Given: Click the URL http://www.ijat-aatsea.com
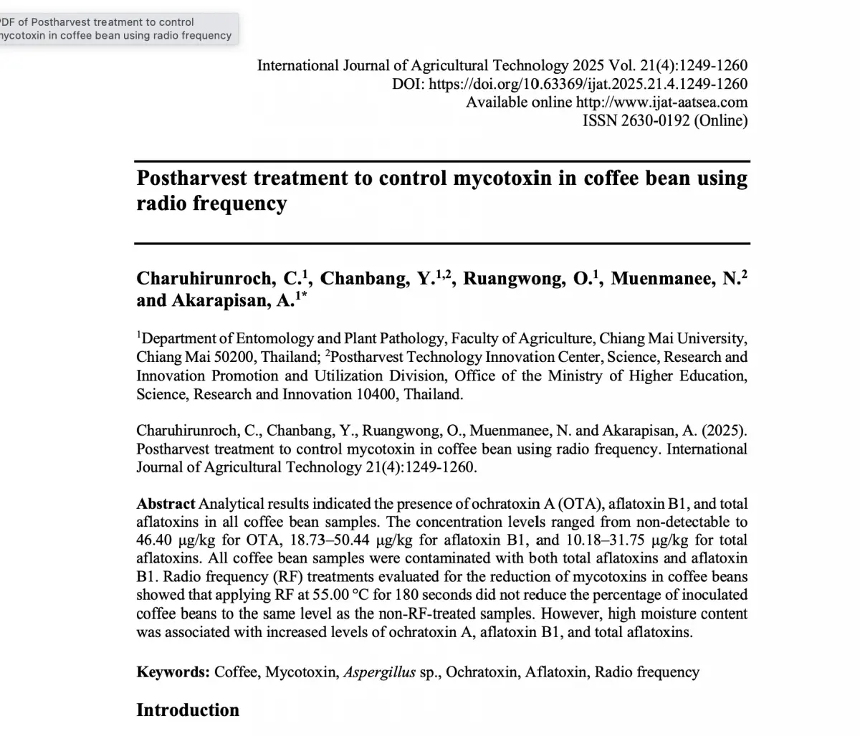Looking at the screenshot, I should [x=661, y=102].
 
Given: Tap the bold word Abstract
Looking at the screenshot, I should [x=166, y=504].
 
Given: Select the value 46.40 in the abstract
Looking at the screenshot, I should [x=155, y=540].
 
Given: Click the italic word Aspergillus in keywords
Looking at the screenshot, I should [x=380, y=672].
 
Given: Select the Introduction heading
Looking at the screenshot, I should [x=188, y=710].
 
